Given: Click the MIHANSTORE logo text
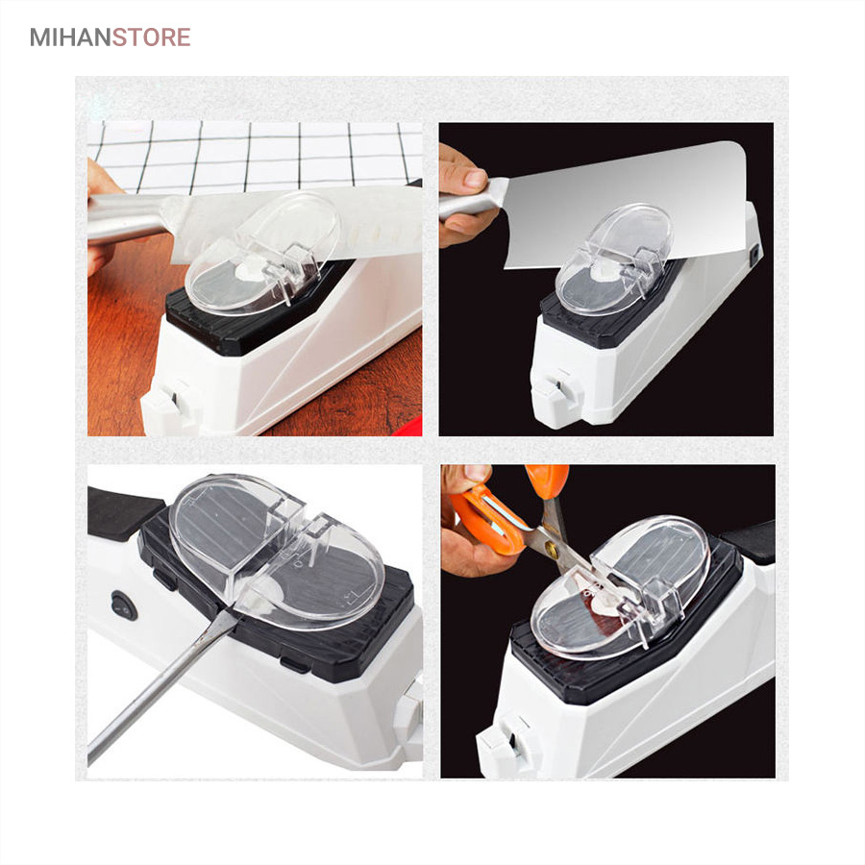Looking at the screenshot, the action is [111, 37].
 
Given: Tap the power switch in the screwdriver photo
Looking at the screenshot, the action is [124, 607].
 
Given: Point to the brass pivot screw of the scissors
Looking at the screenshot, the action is [551, 548].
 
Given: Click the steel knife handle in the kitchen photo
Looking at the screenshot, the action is [127, 216].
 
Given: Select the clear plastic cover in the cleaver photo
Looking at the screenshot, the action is [615, 259].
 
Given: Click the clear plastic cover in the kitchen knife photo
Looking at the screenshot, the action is [262, 254].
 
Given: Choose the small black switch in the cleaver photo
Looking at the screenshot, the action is [754, 254].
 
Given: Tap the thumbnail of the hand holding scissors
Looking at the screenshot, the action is [477, 473].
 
